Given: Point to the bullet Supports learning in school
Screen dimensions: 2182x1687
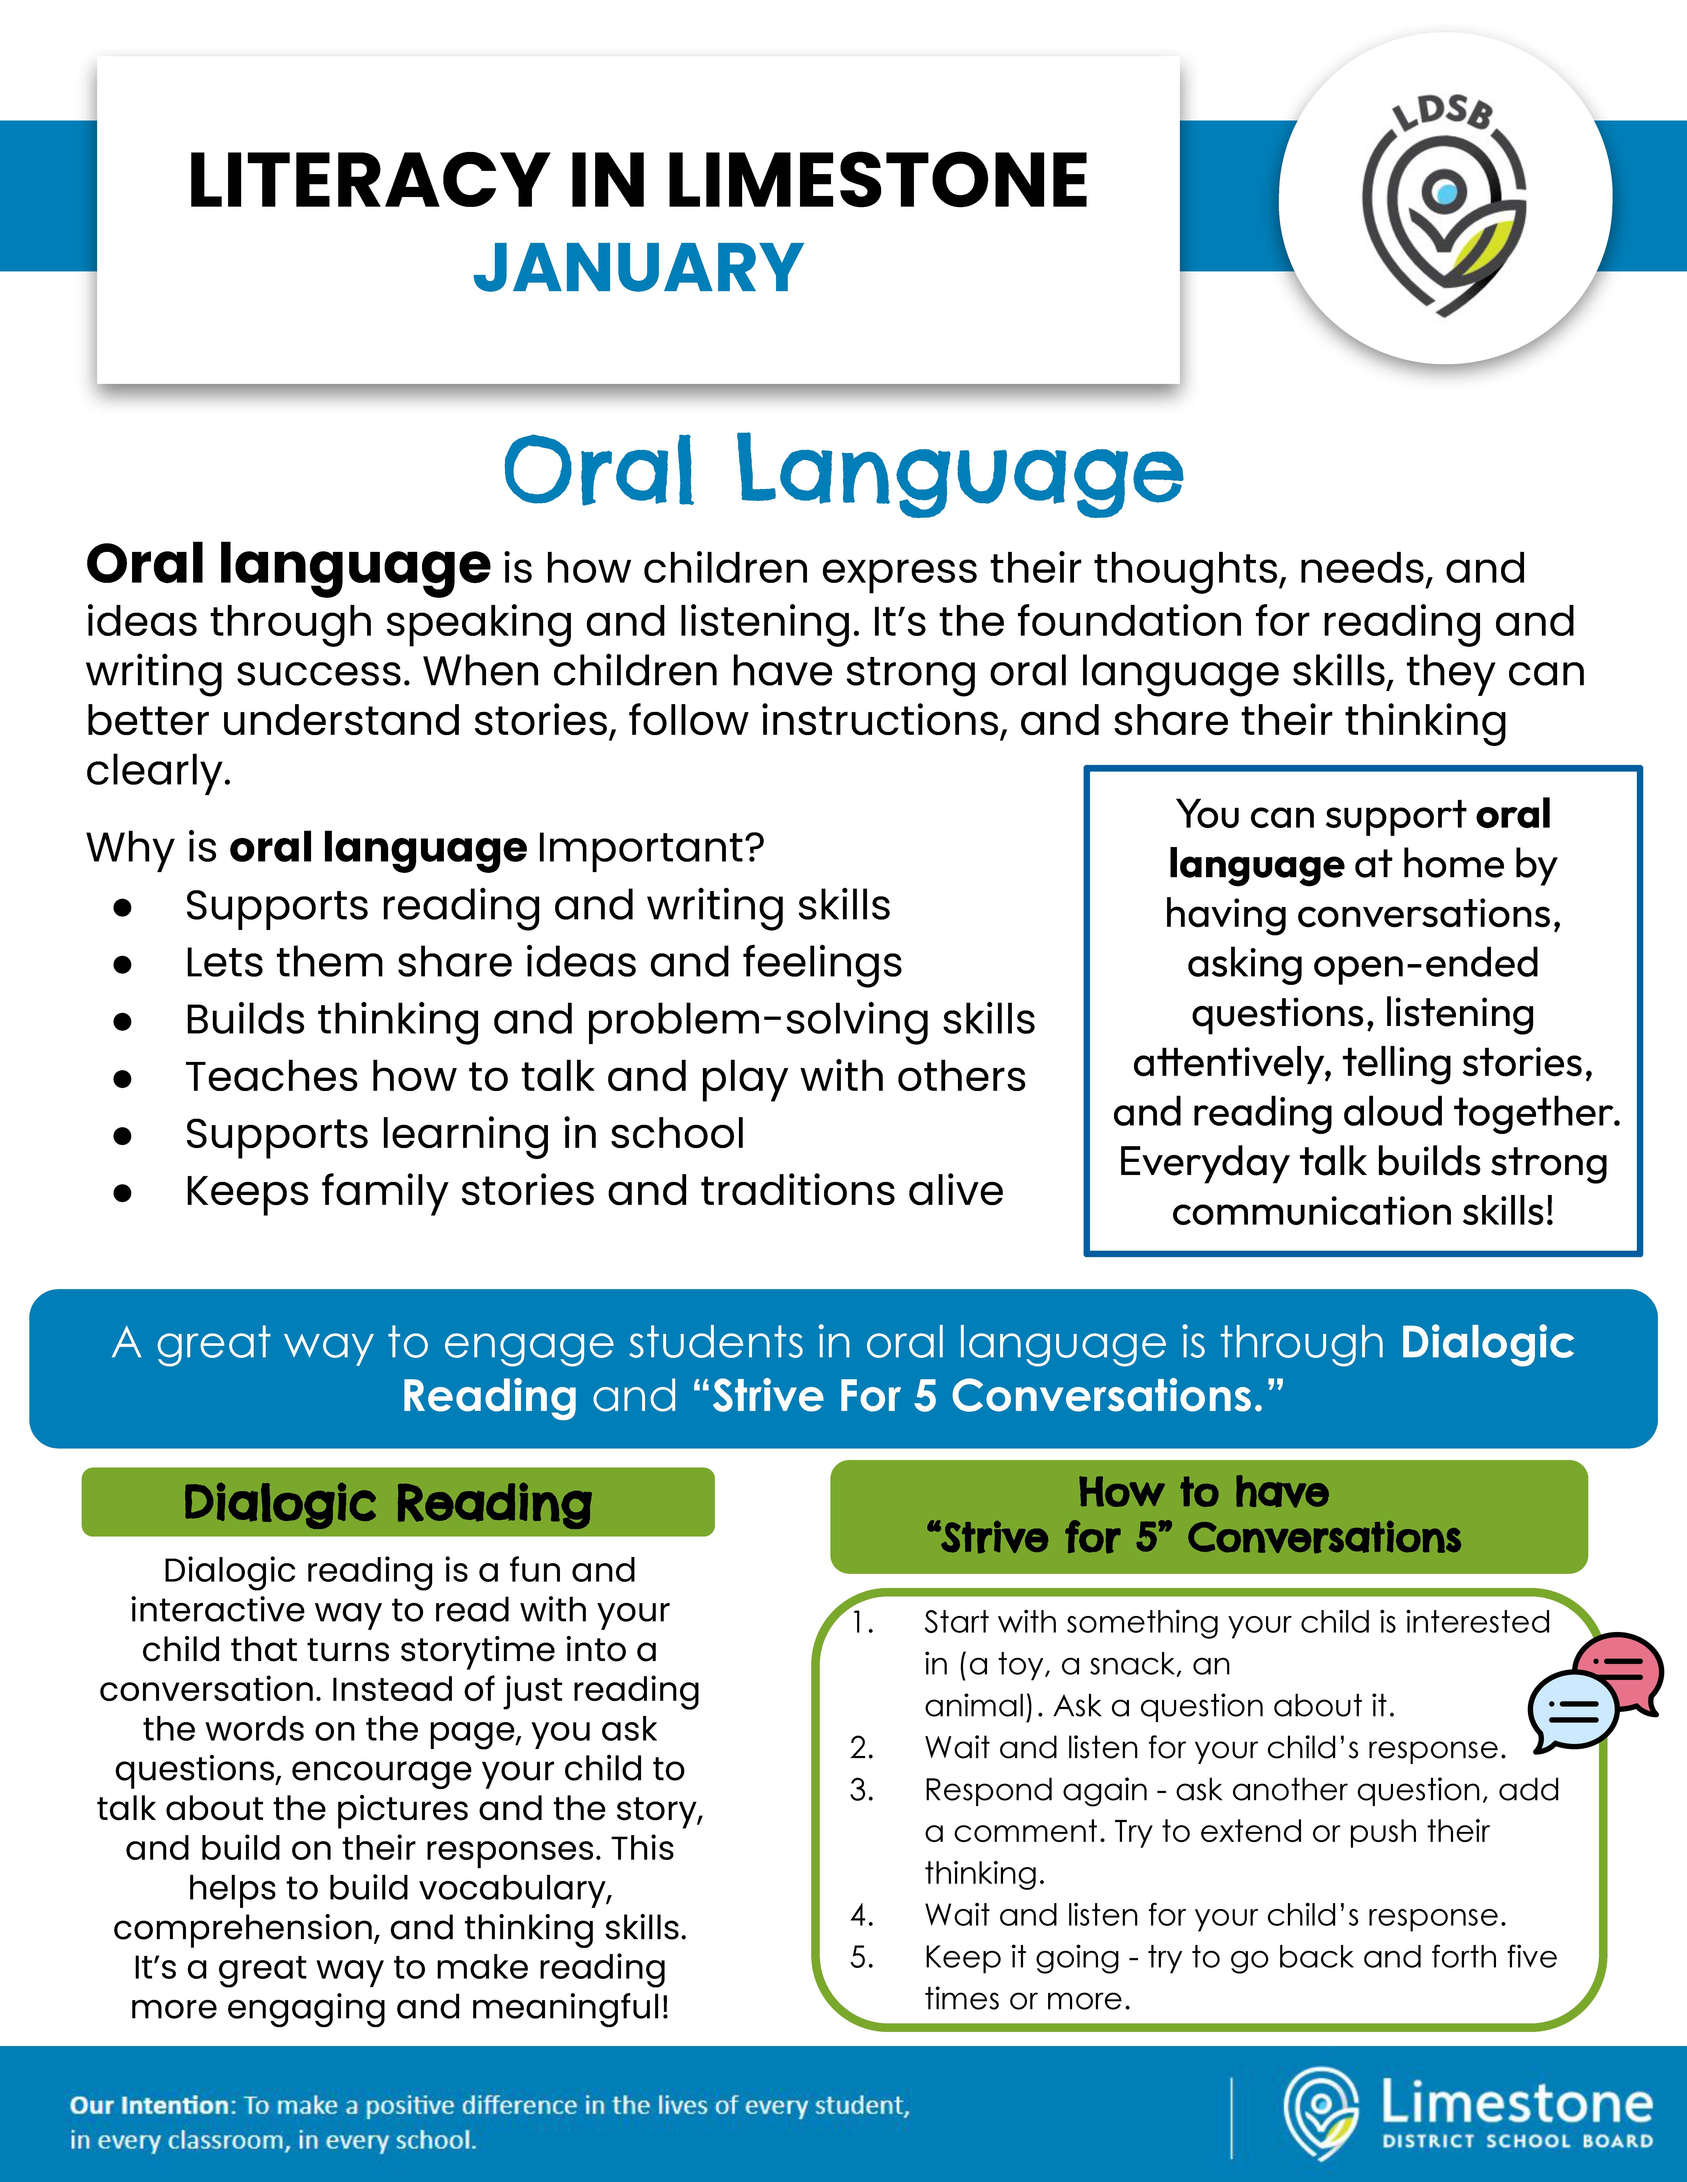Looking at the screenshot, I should point(465,1134).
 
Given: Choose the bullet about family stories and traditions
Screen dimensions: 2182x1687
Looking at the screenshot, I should point(594,1191).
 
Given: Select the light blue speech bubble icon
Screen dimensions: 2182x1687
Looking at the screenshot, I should point(1572,1711).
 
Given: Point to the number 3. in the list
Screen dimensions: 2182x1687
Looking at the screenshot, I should point(861,1789).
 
